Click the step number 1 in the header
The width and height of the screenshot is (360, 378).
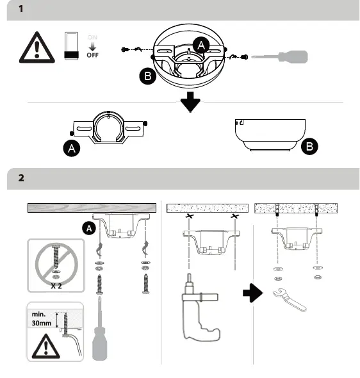20,10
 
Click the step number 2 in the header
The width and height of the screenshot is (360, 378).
20,177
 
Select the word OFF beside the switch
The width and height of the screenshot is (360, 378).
93,56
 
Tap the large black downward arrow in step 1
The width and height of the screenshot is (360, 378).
190,101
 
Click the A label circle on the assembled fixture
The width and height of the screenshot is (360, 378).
202,44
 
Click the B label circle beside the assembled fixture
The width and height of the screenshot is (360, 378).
147,77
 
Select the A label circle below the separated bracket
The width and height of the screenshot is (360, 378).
72,149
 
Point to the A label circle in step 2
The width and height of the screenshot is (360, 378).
89,227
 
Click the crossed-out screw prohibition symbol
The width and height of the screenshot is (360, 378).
55,260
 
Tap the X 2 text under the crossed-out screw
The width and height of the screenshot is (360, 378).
55,286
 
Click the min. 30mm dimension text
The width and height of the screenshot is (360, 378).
42,319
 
